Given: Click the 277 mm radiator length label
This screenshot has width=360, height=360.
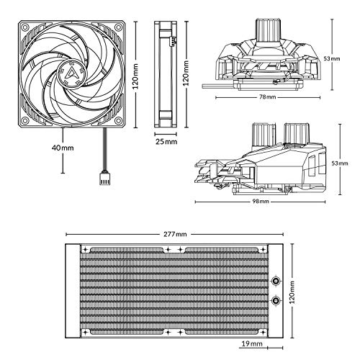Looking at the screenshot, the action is pyautogui.click(x=175, y=234).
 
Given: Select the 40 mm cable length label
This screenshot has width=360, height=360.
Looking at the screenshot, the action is pyautogui.click(x=63, y=148).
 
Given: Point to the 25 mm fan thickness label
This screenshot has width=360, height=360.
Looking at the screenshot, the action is pyautogui.click(x=166, y=142).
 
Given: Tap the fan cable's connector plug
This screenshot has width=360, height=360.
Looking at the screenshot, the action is pyautogui.click(x=104, y=178).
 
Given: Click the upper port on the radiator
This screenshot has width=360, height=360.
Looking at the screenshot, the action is pyautogui.click(x=276, y=281).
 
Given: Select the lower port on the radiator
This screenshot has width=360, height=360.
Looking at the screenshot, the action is pyautogui.click(x=276, y=300).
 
